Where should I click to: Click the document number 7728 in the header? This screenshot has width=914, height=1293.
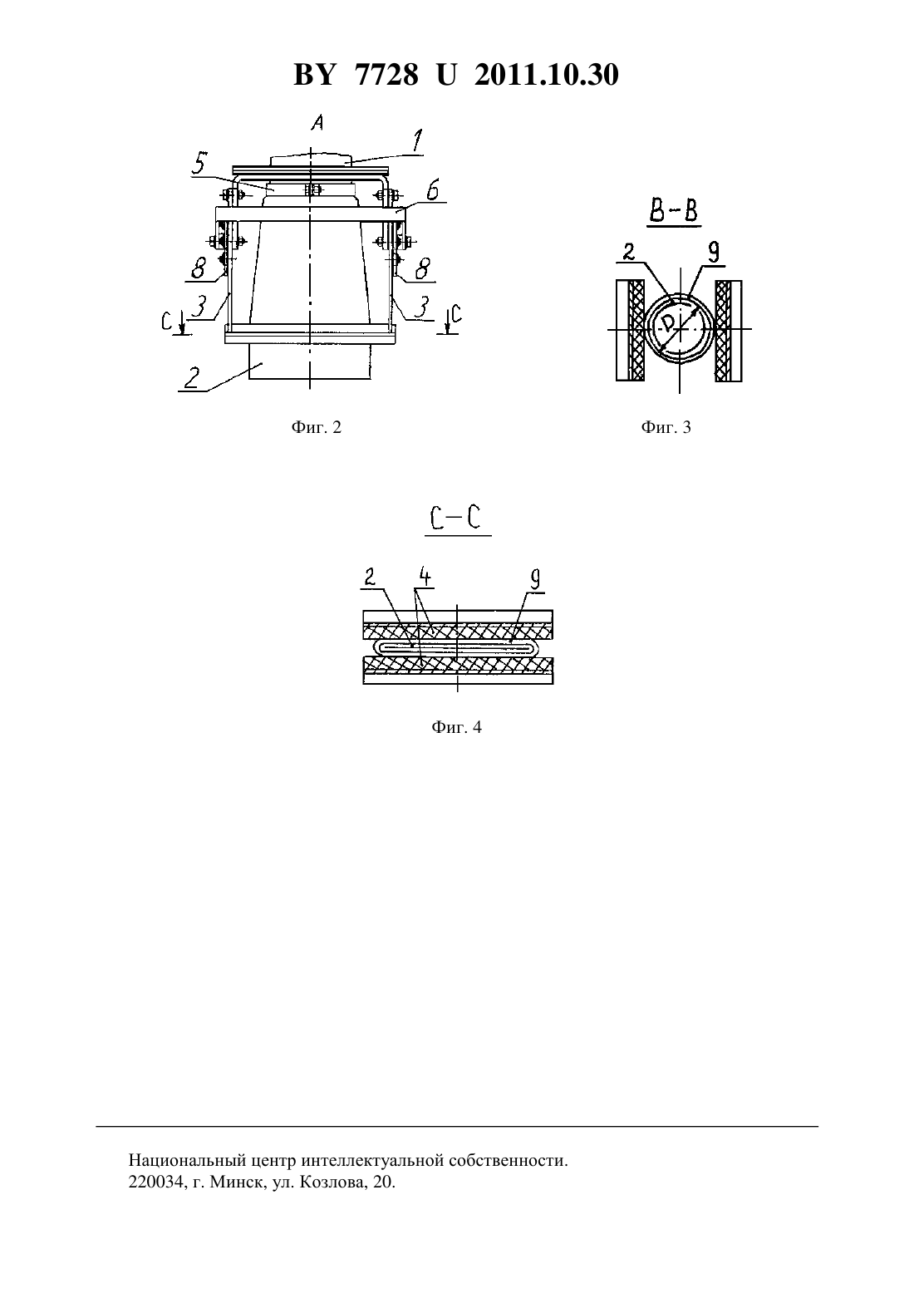click(386, 75)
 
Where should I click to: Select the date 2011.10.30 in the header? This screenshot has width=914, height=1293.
click(547, 75)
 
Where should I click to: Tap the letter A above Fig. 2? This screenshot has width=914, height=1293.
click(317, 122)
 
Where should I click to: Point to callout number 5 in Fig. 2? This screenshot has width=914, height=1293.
click(199, 163)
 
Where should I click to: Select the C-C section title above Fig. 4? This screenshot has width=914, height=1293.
click(456, 518)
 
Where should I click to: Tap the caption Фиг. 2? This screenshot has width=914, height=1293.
click(317, 427)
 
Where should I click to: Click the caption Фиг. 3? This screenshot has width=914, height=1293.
click(666, 427)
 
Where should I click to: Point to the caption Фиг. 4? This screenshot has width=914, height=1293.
click(456, 727)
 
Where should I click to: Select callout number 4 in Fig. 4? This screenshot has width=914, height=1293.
click(425, 577)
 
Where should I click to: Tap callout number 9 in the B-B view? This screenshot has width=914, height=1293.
click(714, 252)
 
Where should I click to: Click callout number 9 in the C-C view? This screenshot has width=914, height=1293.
click(535, 579)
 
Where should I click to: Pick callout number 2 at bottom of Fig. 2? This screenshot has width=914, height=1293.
click(192, 378)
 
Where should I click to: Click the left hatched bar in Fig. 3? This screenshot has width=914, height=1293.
click(636, 331)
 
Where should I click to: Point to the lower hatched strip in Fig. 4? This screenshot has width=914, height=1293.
click(458, 666)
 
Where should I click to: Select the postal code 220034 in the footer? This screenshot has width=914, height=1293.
click(155, 1182)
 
